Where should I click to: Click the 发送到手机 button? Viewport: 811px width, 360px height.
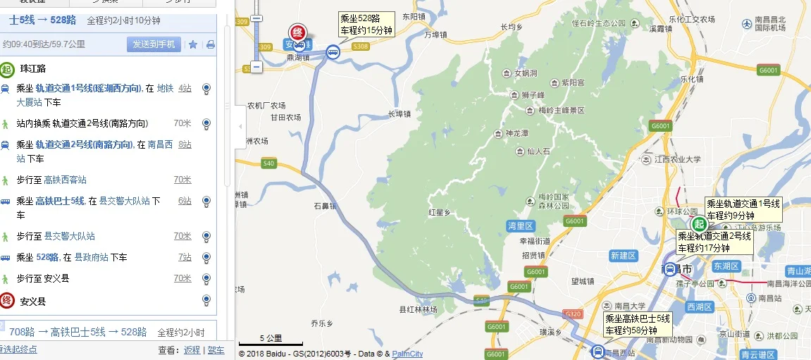point(154,44)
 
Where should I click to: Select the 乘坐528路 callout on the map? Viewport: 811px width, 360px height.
point(366,25)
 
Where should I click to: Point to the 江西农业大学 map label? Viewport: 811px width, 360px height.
point(679,159)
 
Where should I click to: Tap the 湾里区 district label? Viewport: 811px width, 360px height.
point(521,225)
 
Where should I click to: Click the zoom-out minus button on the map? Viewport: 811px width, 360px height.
point(256,67)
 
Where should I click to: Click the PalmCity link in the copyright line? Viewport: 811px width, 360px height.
point(407,354)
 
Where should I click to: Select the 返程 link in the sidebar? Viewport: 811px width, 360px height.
point(192,349)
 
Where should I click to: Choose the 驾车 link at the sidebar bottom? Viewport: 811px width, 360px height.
point(216,349)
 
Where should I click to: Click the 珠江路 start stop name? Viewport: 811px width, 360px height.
point(33,69)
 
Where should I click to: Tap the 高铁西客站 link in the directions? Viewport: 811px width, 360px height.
point(65,180)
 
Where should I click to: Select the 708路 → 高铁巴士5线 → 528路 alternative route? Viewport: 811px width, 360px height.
point(78,332)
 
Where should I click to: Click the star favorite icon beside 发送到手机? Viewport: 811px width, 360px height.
point(193,44)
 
